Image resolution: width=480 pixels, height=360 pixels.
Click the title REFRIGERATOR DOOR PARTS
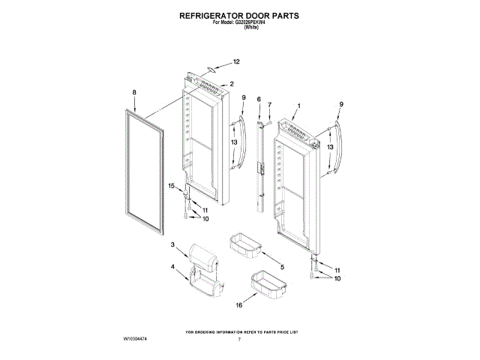[x=240, y=14]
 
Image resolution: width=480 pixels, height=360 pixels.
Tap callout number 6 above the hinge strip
[x=259, y=99]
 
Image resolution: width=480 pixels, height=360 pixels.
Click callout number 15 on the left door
[x=171, y=185]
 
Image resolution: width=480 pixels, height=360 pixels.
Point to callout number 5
[x=282, y=266]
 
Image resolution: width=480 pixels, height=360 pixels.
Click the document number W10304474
[x=137, y=340]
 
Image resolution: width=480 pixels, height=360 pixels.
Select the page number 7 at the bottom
[x=238, y=340]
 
